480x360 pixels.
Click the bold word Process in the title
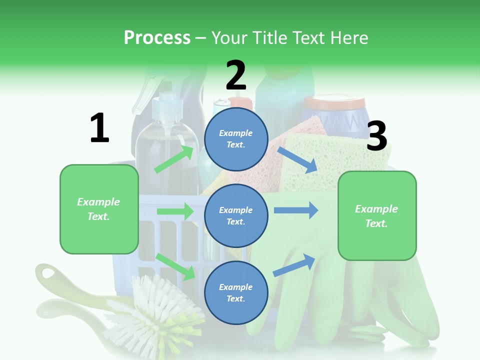(x=157, y=37)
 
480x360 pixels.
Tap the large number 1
(x=99, y=128)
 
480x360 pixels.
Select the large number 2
(x=236, y=75)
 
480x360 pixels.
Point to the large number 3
(x=376, y=136)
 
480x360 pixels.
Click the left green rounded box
(x=99, y=209)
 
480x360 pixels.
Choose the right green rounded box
(x=377, y=215)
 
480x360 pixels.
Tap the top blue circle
(x=236, y=139)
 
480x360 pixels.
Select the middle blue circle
(x=236, y=215)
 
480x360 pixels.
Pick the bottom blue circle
(x=236, y=292)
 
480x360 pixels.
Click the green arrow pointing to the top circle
(x=174, y=159)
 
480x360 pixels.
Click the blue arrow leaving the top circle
(x=297, y=159)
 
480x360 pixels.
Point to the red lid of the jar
(x=334, y=103)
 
